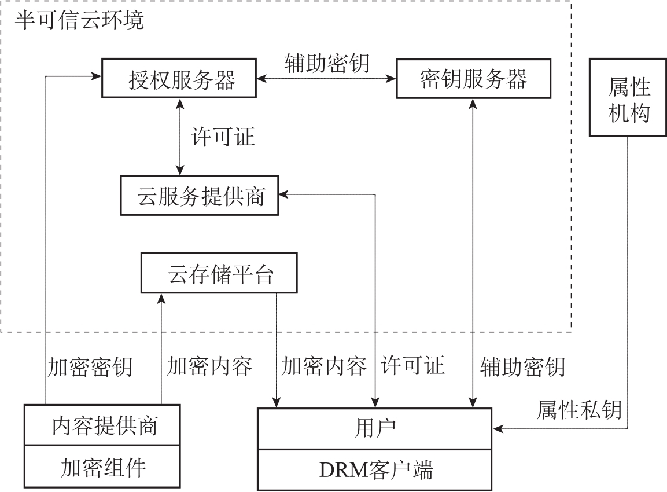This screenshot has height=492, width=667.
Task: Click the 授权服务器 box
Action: click(179, 78)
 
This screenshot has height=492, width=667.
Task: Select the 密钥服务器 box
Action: click(473, 78)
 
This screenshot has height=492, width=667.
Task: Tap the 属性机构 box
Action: click(628, 97)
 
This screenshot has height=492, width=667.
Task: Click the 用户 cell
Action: click(374, 429)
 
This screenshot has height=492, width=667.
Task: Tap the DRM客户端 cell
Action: click(374, 469)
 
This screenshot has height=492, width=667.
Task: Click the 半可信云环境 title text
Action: click(79, 21)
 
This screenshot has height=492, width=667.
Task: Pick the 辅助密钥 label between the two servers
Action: click(326, 63)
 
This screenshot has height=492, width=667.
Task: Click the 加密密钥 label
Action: click(90, 366)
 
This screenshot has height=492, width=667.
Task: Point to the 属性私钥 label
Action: click(579, 409)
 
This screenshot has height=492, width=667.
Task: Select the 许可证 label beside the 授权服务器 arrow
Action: click(223, 138)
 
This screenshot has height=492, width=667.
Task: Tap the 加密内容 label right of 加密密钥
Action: click(209, 366)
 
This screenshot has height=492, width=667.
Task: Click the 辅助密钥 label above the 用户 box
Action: click(523, 366)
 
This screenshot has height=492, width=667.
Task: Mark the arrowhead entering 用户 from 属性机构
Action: click(497, 429)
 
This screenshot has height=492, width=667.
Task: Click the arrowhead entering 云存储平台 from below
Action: click(161, 298)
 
